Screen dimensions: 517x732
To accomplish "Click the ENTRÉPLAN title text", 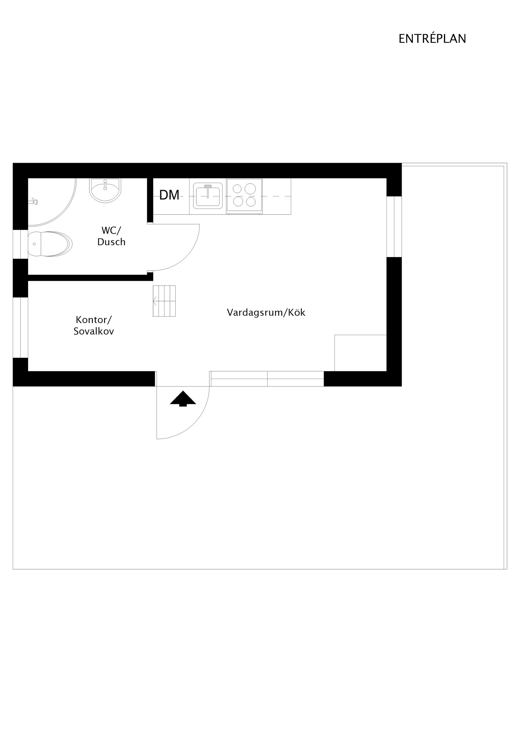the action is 432,39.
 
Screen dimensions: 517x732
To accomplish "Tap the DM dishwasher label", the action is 169,195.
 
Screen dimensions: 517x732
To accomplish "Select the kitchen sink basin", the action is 208,196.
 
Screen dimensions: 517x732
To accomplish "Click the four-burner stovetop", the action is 244,195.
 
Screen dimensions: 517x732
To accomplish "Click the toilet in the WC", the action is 50,244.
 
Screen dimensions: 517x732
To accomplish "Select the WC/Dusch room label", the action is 111,236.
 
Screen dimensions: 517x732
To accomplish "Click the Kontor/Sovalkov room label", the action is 94,325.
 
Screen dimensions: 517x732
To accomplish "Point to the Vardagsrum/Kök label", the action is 266,312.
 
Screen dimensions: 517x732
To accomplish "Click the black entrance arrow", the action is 183,399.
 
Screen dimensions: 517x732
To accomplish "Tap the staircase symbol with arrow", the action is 164,301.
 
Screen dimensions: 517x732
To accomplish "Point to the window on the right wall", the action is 394,227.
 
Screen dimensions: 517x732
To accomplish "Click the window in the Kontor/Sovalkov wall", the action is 20,327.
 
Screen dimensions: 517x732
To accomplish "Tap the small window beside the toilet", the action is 20,244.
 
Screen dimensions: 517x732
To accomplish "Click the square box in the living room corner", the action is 361,353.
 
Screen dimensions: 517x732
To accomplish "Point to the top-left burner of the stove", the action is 237,189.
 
